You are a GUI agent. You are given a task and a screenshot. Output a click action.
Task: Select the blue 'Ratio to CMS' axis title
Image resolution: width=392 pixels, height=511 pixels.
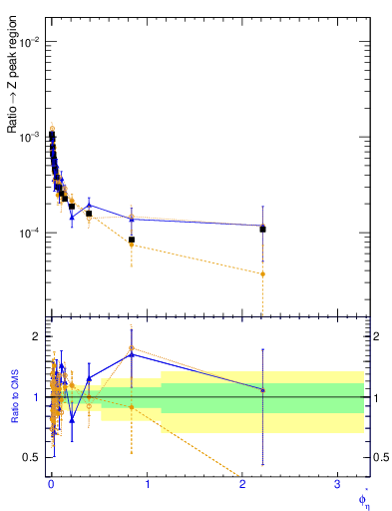pyautogui.click(x=16, y=398)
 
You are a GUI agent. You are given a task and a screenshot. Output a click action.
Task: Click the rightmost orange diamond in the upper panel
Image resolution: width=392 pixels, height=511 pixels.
pyautogui.click(x=262, y=273)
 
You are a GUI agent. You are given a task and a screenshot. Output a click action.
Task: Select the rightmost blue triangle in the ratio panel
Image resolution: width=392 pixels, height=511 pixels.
pyautogui.click(x=262, y=389)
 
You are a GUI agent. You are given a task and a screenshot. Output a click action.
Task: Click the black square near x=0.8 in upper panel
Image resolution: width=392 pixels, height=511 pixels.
pyautogui.click(x=132, y=240)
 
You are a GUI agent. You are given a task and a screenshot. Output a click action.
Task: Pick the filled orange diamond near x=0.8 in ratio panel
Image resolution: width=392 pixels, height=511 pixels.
pyautogui.click(x=132, y=407)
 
